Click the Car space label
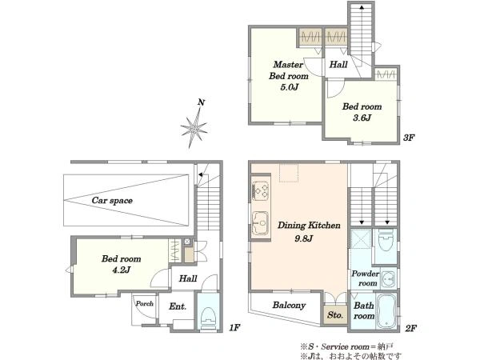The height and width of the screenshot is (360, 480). [x=112, y=201]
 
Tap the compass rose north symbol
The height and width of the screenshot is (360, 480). [x=194, y=125]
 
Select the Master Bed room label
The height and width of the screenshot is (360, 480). [x=288, y=70]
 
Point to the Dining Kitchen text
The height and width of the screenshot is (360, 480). [x=309, y=226]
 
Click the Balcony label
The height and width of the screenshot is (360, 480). [x=289, y=306]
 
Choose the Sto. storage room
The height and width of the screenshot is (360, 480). [x=335, y=314]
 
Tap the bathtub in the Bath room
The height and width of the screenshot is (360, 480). [x=386, y=310]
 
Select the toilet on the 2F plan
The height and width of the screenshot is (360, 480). [x=386, y=242]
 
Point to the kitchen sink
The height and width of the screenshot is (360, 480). [x=260, y=223]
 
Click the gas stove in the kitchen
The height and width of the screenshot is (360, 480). [x=260, y=191]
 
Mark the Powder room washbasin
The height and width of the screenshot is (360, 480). [x=389, y=279]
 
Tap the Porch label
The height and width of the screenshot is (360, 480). [x=145, y=303]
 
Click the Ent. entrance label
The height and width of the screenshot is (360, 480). [x=178, y=306]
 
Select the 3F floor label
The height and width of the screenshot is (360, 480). [x=409, y=138]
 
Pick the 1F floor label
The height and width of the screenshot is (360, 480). [x=234, y=328]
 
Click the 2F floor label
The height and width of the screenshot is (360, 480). [x=411, y=329]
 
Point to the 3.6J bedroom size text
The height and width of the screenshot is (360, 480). [x=362, y=118]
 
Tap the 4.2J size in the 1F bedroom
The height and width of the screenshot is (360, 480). [x=122, y=270]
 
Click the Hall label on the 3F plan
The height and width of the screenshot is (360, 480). [x=338, y=64]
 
